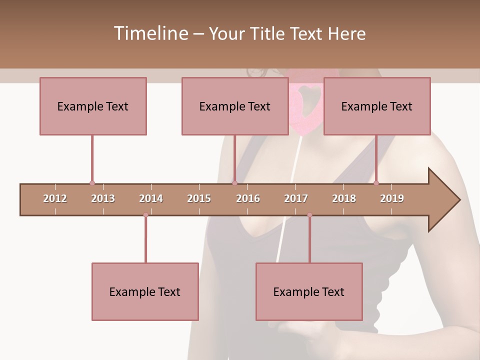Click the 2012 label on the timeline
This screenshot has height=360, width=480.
tap(55, 198)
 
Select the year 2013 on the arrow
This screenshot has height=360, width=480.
tap(103, 198)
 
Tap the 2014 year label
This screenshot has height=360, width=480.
tap(151, 198)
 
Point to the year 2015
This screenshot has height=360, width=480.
tap(199, 198)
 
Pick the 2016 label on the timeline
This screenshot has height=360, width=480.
tap(248, 198)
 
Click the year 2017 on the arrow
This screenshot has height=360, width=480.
tap(296, 198)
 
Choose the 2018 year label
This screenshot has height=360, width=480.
tap(344, 198)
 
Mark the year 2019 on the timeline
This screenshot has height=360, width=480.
tap(392, 198)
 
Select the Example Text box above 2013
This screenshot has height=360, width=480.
tap(93, 106)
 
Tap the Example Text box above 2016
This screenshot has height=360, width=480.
tap(235, 106)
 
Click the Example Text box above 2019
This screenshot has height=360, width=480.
tap(377, 106)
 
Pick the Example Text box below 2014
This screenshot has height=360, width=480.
tap(145, 291)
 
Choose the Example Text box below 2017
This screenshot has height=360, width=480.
tap(309, 291)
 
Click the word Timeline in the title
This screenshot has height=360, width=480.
tap(149, 33)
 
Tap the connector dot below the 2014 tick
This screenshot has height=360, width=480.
tap(145, 215)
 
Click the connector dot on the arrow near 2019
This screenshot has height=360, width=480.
tap(376, 183)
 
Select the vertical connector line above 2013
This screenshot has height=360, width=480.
tap(92, 157)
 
